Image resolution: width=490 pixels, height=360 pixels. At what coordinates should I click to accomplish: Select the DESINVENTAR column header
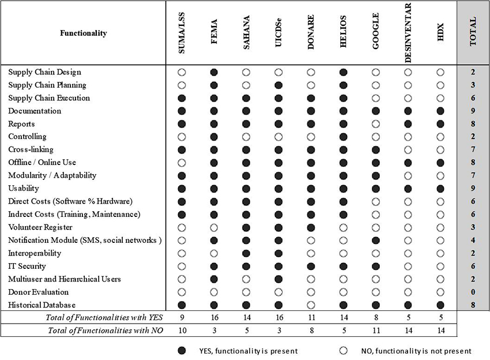pyautogui.click(x=408, y=33)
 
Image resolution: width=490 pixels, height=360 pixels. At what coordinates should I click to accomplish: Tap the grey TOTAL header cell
pyautogui.click(x=473, y=32)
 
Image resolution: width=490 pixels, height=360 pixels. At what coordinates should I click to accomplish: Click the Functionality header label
pyautogui.click(x=84, y=33)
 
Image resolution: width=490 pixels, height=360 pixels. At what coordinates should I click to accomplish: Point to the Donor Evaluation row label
pyautogui.click(x=38, y=292)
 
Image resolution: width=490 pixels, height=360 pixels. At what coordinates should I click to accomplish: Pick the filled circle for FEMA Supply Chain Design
pyautogui.click(x=214, y=72)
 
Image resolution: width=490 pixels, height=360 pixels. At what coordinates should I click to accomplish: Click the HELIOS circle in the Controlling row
pyautogui.click(x=344, y=137)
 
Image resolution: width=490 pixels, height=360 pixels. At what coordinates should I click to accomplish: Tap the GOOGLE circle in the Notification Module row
pyautogui.click(x=376, y=240)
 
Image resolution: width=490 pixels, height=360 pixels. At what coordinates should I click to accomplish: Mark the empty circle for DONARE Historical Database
pyautogui.click(x=311, y=305)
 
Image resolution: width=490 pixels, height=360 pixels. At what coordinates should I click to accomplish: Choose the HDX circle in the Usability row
pyautogui.click(x=440, y=188)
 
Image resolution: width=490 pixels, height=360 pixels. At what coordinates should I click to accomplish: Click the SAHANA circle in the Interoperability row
pyautogui.click(x=247, y=253)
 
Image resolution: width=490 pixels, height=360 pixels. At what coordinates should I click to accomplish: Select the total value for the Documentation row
pyautogui.click(x=473, y=111)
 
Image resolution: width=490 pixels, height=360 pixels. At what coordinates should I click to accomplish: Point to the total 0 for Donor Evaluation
pyautogui.click(x=473, y=292)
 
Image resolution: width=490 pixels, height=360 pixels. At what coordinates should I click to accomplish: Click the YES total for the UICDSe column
pyautogui.click(x=279, y=318)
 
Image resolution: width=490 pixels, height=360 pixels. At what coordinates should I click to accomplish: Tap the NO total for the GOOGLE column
pyautogui.click(x=376, y=331)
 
